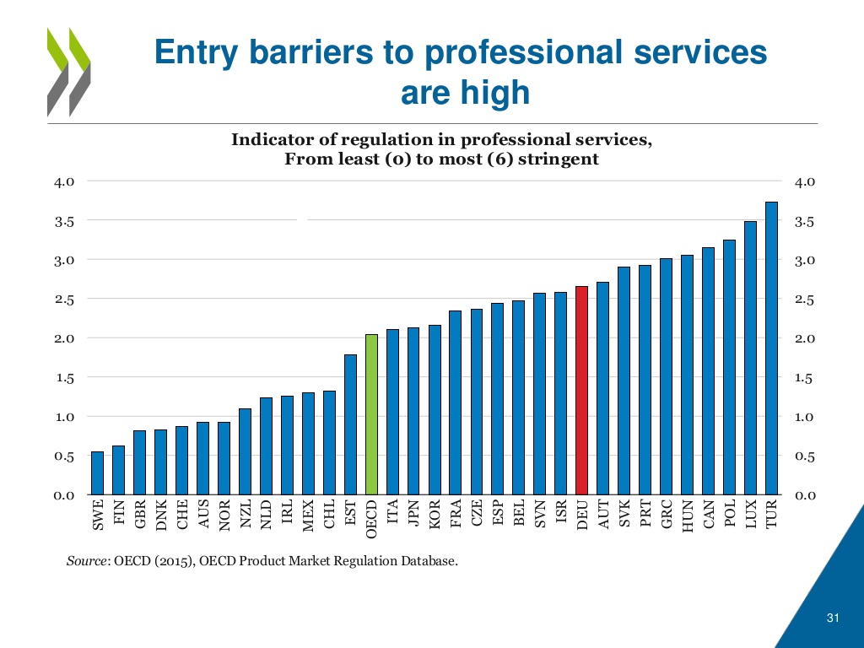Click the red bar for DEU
coord(581,390)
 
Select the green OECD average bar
coord(371,414)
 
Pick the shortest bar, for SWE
coord(98,472)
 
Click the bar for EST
coord(350,424)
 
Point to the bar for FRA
coord(456,402)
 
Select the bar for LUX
coord(750,358)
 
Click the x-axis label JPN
coord(413,514)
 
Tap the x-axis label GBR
coord(140,514)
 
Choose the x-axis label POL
coord(730,514)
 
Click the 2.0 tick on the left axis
coord(66,338)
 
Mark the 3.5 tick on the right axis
coord(806,221)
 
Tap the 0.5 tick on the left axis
coord(66,456)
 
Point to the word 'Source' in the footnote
coord(86,560)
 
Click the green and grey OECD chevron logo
coord(68,71)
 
